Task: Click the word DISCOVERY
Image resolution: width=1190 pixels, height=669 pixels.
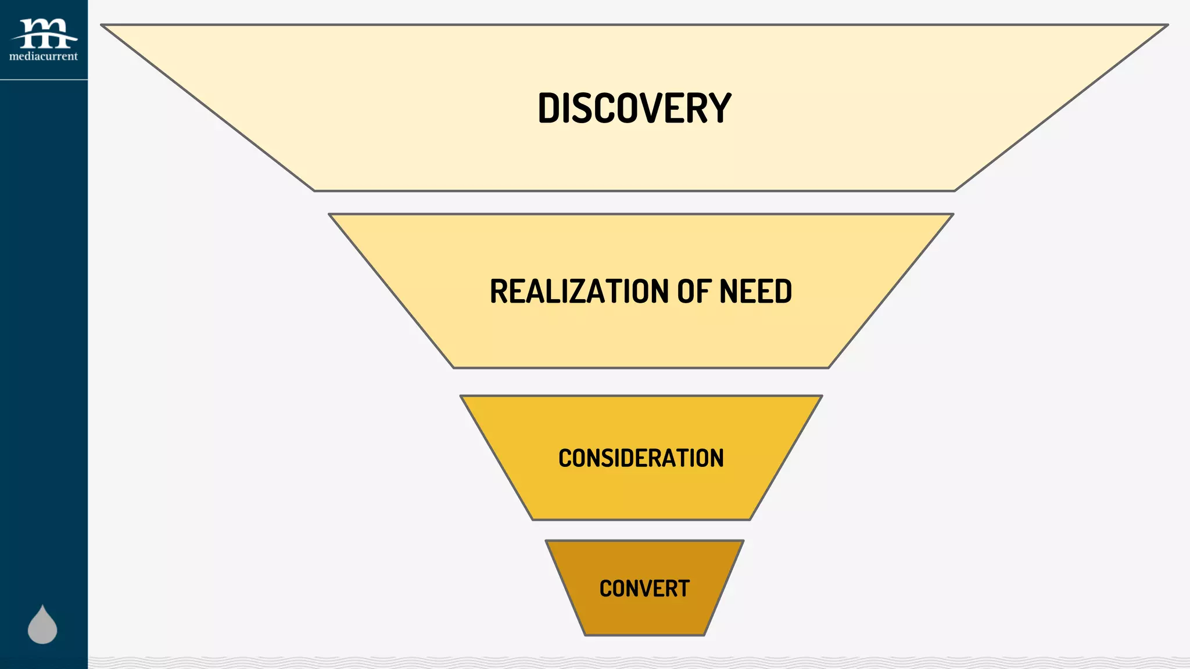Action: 634,108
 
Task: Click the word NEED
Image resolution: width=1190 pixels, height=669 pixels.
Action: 755,292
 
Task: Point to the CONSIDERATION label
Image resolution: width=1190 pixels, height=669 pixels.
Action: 641,458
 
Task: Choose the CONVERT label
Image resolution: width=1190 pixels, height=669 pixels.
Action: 644,589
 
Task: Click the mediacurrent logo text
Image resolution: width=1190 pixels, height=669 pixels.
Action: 44,56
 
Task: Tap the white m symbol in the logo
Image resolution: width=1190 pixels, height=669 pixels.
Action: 44,33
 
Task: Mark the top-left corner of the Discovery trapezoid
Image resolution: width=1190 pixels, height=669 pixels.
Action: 102,25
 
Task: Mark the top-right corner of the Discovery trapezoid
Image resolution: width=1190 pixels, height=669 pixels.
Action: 1167,25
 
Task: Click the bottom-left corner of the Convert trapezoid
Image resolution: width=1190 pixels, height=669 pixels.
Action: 585,635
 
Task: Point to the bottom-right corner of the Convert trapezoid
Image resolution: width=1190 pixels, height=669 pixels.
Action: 704,635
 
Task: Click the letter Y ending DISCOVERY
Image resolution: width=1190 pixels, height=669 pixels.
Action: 720,108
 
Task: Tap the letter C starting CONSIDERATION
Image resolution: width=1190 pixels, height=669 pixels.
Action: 565,458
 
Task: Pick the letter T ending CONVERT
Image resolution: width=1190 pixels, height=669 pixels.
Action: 683,589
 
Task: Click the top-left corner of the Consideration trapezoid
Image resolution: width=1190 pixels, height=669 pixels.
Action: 461,397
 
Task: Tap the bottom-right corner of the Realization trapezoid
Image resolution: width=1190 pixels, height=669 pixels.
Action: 828,367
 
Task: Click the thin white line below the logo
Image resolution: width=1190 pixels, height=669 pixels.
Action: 44,80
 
